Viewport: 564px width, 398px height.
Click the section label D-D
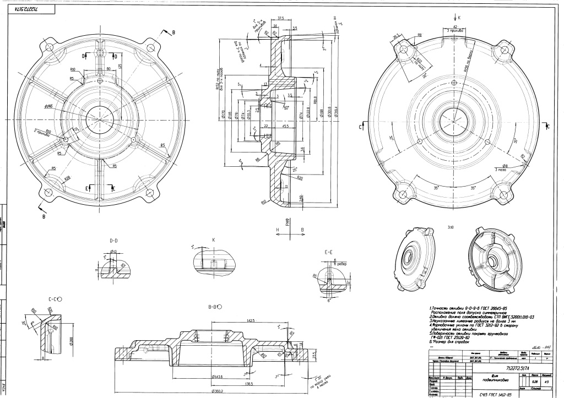pyautogui.click(x=115, y=241)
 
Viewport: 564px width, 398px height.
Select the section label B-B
pyautogui.click(x=212, y=307)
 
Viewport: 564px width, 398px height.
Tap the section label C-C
pyautogui.click(x=55, y=298)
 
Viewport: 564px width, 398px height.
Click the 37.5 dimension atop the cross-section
pyautogui.click(x=280, y=18)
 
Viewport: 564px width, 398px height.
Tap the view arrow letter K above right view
pyautogui.click(x=459, y=18)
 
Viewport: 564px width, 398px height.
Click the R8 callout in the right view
pyautogui.click(x=419, y=35)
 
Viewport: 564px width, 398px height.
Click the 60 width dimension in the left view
pyautogui.click(x=109, y=69)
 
